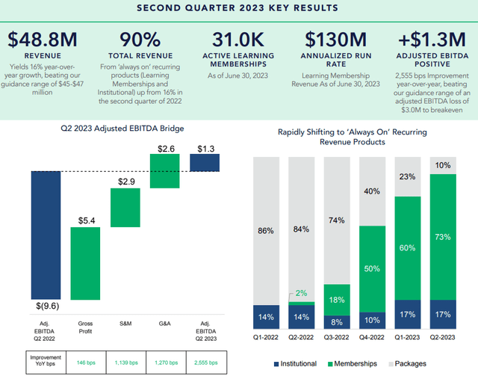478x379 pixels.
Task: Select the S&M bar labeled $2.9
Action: pos(125,207)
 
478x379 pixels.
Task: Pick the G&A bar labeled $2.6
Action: pos(165,171)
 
